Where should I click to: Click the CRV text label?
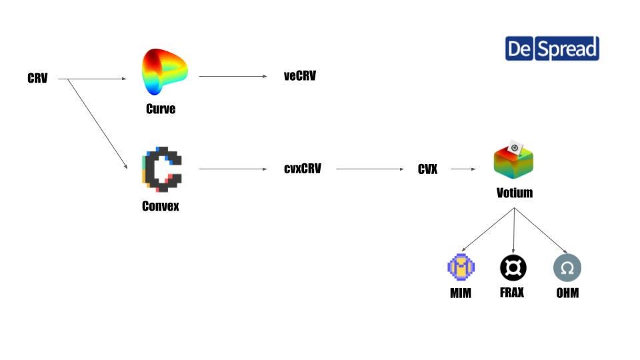tap(37, 79)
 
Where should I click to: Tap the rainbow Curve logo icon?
tap(164, 71)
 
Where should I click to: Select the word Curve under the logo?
tap(161, 109)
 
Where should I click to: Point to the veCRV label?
tap(299, 76)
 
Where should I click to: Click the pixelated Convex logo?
tap(161, 168)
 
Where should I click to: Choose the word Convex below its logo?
tap(161, 206)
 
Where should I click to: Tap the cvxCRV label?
tap(302, 169)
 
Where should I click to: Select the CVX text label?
tap(427, 169)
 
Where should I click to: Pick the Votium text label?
tap(514, 193)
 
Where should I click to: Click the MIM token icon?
tap(461, 267)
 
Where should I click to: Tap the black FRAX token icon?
tap(513, 268)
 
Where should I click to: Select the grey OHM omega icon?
tap(567, 268)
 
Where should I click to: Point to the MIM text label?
tap(461, 293)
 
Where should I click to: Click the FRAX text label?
tap(512, 292)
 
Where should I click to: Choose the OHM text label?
tap(567, 293)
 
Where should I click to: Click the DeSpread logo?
tap(552, 49)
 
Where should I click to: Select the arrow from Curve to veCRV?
tap(233, 76)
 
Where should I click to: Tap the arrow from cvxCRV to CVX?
tap(369, 169)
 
